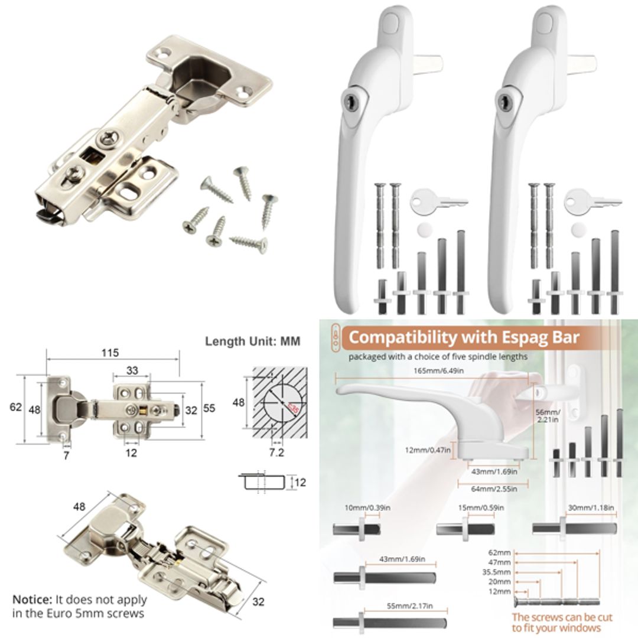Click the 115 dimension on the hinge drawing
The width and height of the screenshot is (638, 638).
point(109,353)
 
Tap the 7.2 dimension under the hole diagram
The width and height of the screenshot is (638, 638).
point(277,453)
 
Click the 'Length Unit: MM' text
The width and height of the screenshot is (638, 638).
point(252,341)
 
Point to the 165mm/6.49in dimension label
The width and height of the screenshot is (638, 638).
point(436,370)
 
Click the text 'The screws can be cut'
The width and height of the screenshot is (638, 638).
point(562,617)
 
